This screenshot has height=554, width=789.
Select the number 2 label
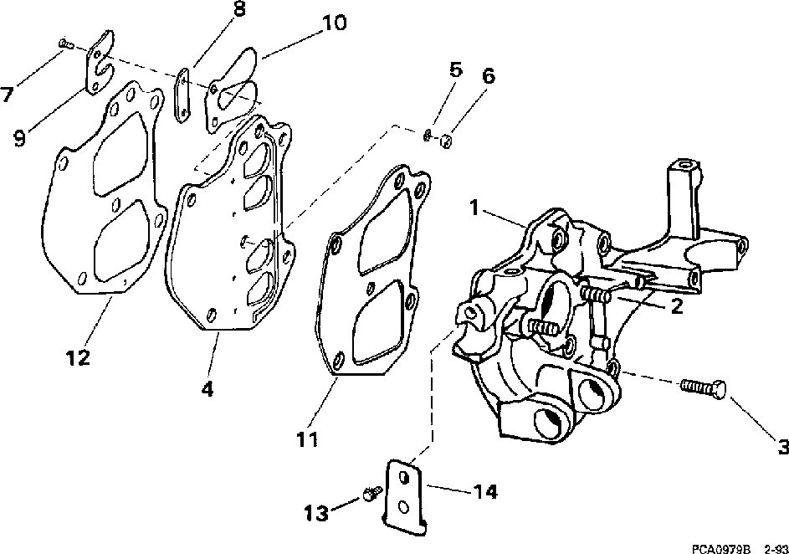676,306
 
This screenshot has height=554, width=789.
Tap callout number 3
782,449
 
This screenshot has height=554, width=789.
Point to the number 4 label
207,390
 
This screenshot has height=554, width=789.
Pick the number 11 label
307,437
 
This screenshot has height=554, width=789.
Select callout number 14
485,491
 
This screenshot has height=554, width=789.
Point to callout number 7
8,94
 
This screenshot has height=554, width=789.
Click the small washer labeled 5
428,134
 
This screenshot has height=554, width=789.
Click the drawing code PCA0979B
720,547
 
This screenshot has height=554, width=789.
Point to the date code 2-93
773,547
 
